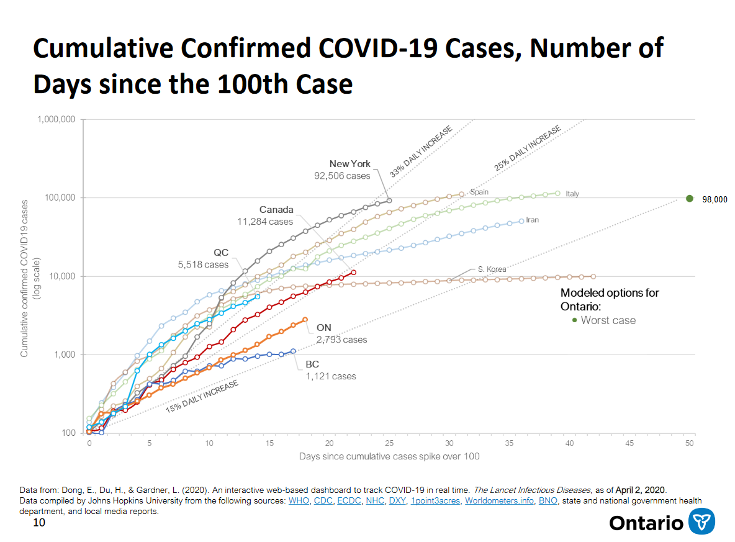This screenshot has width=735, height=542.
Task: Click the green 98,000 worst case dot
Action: click(689, 199)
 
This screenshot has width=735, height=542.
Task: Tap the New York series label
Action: click(349, 164)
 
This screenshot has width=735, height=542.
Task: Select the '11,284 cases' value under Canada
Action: click(265, 221)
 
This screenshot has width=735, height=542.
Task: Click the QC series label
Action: click(221, 252)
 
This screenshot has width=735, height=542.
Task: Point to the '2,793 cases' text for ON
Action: click(341, 340)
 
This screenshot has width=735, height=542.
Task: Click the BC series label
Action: click(312, 364)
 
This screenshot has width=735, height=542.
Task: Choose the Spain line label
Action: click(479, 192)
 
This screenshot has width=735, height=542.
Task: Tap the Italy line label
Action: click(572, 194)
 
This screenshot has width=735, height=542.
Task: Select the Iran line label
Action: click(532, 220)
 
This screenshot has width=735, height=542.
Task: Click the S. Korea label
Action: click(492, 269)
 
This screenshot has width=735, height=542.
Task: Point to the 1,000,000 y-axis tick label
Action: click(56, 119)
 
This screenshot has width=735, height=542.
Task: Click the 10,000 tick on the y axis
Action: click(62, 276)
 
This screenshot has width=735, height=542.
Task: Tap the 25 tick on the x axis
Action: click(389, 443)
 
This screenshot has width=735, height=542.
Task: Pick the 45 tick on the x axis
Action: click(629, 443)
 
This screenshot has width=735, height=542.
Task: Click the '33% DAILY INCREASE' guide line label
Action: click(421, 151)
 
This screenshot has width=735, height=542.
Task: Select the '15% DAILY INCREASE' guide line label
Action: click(202, 396)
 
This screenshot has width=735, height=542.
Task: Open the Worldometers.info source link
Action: click(499, 501)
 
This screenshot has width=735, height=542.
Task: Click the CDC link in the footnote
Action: click(323, 501)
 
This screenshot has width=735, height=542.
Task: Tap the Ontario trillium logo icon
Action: click(701, 522)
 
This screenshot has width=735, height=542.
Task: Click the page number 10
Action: click(39, 522)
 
